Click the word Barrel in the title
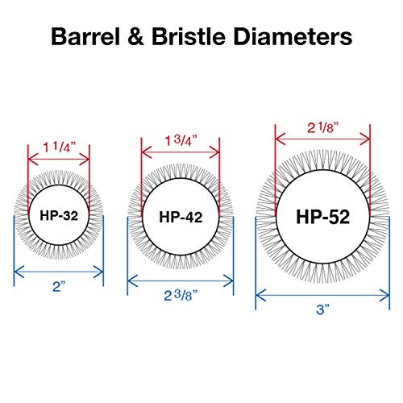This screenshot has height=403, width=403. [x=85, y=36]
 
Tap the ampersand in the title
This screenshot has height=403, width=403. [x=136, y=36]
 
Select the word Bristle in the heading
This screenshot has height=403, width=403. [x=189, y=36]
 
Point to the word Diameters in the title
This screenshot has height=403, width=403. [x=293, y=36]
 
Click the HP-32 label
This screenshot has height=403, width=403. [x=59, y=215]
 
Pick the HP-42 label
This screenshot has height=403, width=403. [x=181, y=217]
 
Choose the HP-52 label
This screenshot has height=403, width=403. [x=323, y=217]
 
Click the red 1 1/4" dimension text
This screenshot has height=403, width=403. [x=60, y=147]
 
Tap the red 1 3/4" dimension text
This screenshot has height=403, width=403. [x=181, y=140]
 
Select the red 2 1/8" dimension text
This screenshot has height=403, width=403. [x=324, y=127]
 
